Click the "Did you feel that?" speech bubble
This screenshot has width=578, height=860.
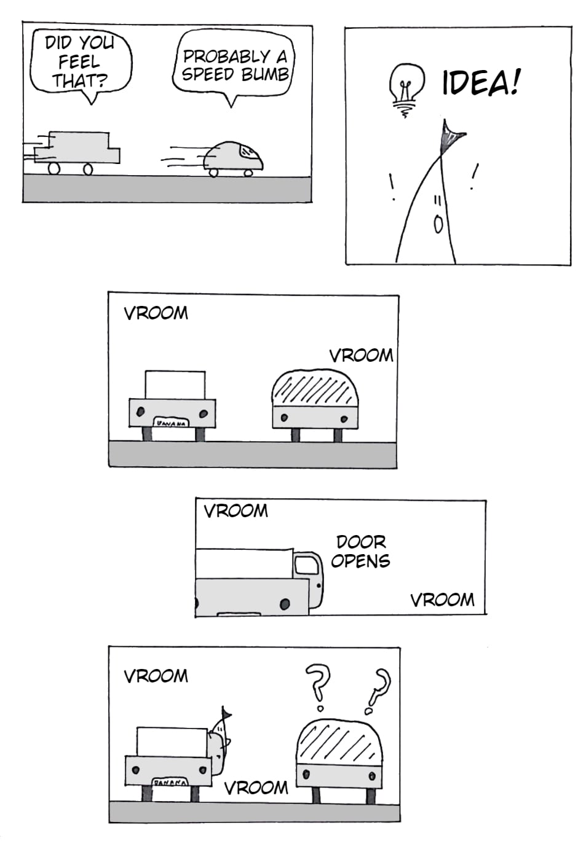pos(80,61)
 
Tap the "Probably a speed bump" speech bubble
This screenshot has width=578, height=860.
pos(234,66)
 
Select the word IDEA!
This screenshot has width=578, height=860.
pos(480,82)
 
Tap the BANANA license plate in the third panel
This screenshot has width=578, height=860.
pos(171,423)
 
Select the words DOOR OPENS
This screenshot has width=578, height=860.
pos(360,551)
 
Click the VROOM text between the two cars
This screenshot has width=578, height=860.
pos(256,787)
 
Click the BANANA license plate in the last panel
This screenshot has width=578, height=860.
pos(170,783)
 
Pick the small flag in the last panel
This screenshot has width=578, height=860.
pos(226,714)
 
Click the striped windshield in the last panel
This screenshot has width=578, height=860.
pos(339,742)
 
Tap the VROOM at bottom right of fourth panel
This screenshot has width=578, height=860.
pos(442,600)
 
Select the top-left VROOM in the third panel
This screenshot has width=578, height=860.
pos(156,313)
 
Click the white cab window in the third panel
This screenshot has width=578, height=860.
pos(175,385)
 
